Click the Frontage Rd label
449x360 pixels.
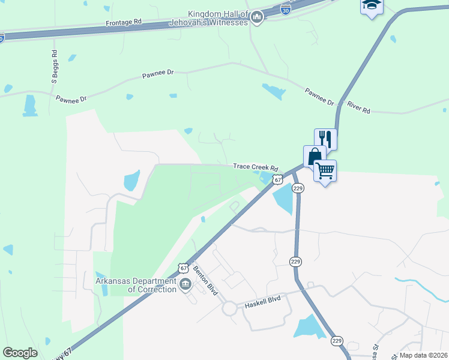pos(124,21)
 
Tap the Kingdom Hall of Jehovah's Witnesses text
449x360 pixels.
pos(217,18)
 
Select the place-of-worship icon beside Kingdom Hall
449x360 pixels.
pos(258,18)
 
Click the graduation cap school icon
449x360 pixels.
pos(371,5)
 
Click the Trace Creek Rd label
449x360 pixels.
pos(256,167)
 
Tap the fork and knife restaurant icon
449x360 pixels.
pos(325,139)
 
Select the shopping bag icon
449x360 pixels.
pos(315,157)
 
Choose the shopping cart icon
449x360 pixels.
pos(325,170)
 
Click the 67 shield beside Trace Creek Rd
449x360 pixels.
pos(277,179)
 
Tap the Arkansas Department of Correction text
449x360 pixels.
pos(136,284)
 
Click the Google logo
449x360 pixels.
pos(20,353)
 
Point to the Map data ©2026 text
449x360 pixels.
pos(423,355)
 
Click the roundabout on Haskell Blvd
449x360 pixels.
pos(229,308)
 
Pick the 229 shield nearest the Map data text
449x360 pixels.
pos(337,341)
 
